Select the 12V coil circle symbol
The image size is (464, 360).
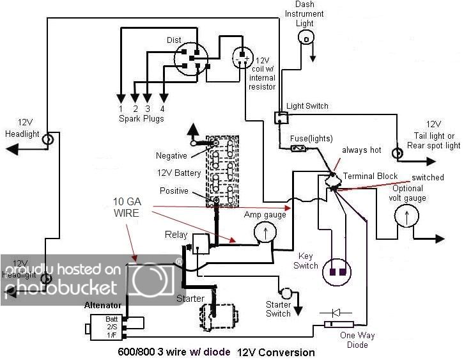pyautogui.click(x=242, y=59)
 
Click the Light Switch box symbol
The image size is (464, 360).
pyautogui.click(x=281, y=118)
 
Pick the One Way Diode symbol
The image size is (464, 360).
pyautogui.click(x=337, y=324)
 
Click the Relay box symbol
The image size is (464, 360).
pyautogui.click(x=201, y=242)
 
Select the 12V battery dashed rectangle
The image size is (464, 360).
pyautogui.click(x=222, y=170)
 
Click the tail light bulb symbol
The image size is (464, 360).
pyautogui.click(x=398, y=152)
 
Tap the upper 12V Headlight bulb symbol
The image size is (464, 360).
pyautogui.click(x=47, y=137)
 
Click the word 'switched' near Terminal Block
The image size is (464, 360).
pyautogui.click(x=427, y=177)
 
